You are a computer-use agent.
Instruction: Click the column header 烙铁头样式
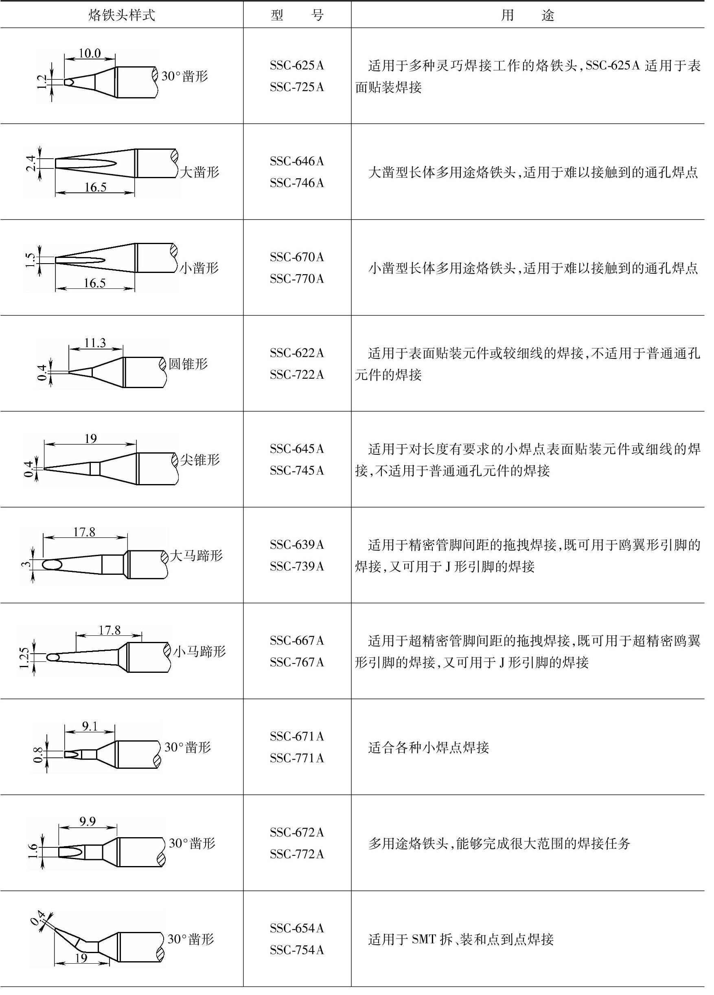coord(122,15)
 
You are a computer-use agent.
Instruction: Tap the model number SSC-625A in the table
coord(297,66)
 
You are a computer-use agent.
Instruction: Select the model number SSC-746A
coord(297,183)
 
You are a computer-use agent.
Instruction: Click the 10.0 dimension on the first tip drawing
coord(90,54)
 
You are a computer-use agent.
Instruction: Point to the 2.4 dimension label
coord(31,163)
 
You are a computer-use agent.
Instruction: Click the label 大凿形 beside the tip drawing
coord(200,172)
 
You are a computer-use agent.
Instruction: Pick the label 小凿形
coord(199,268)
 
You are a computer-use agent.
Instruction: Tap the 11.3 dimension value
coord(95,343)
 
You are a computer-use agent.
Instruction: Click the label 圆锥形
coord(188,364)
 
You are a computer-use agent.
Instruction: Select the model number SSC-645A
coord(297,449)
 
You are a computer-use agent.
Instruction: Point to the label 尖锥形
coord(200,460)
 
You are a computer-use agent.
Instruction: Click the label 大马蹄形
coord(196,555)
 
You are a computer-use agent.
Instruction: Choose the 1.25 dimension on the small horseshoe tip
coord(24,658)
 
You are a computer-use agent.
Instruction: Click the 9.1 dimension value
coord(90,727)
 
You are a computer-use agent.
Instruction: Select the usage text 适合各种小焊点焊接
coord(428,747)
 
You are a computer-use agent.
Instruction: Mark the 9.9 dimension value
coord(88,821)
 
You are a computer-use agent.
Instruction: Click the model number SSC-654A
coord(297,928)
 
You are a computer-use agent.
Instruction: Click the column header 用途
coord(528,15)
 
